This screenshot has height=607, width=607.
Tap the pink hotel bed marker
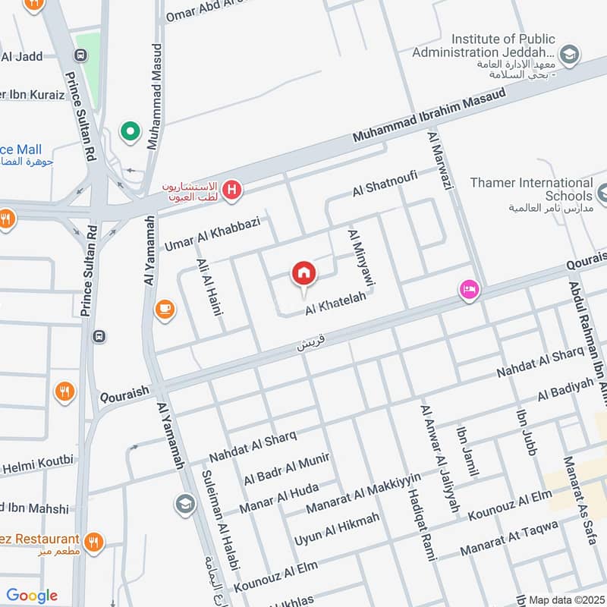[x=469, y=290]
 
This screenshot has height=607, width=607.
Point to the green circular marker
[x=131, y=132]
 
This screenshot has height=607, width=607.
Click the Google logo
[x=32, y=596]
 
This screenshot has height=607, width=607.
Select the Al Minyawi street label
[x=362, y=258]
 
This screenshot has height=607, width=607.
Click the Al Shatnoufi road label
[x=395, y=183]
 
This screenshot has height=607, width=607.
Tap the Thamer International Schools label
[x=531, y=189]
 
